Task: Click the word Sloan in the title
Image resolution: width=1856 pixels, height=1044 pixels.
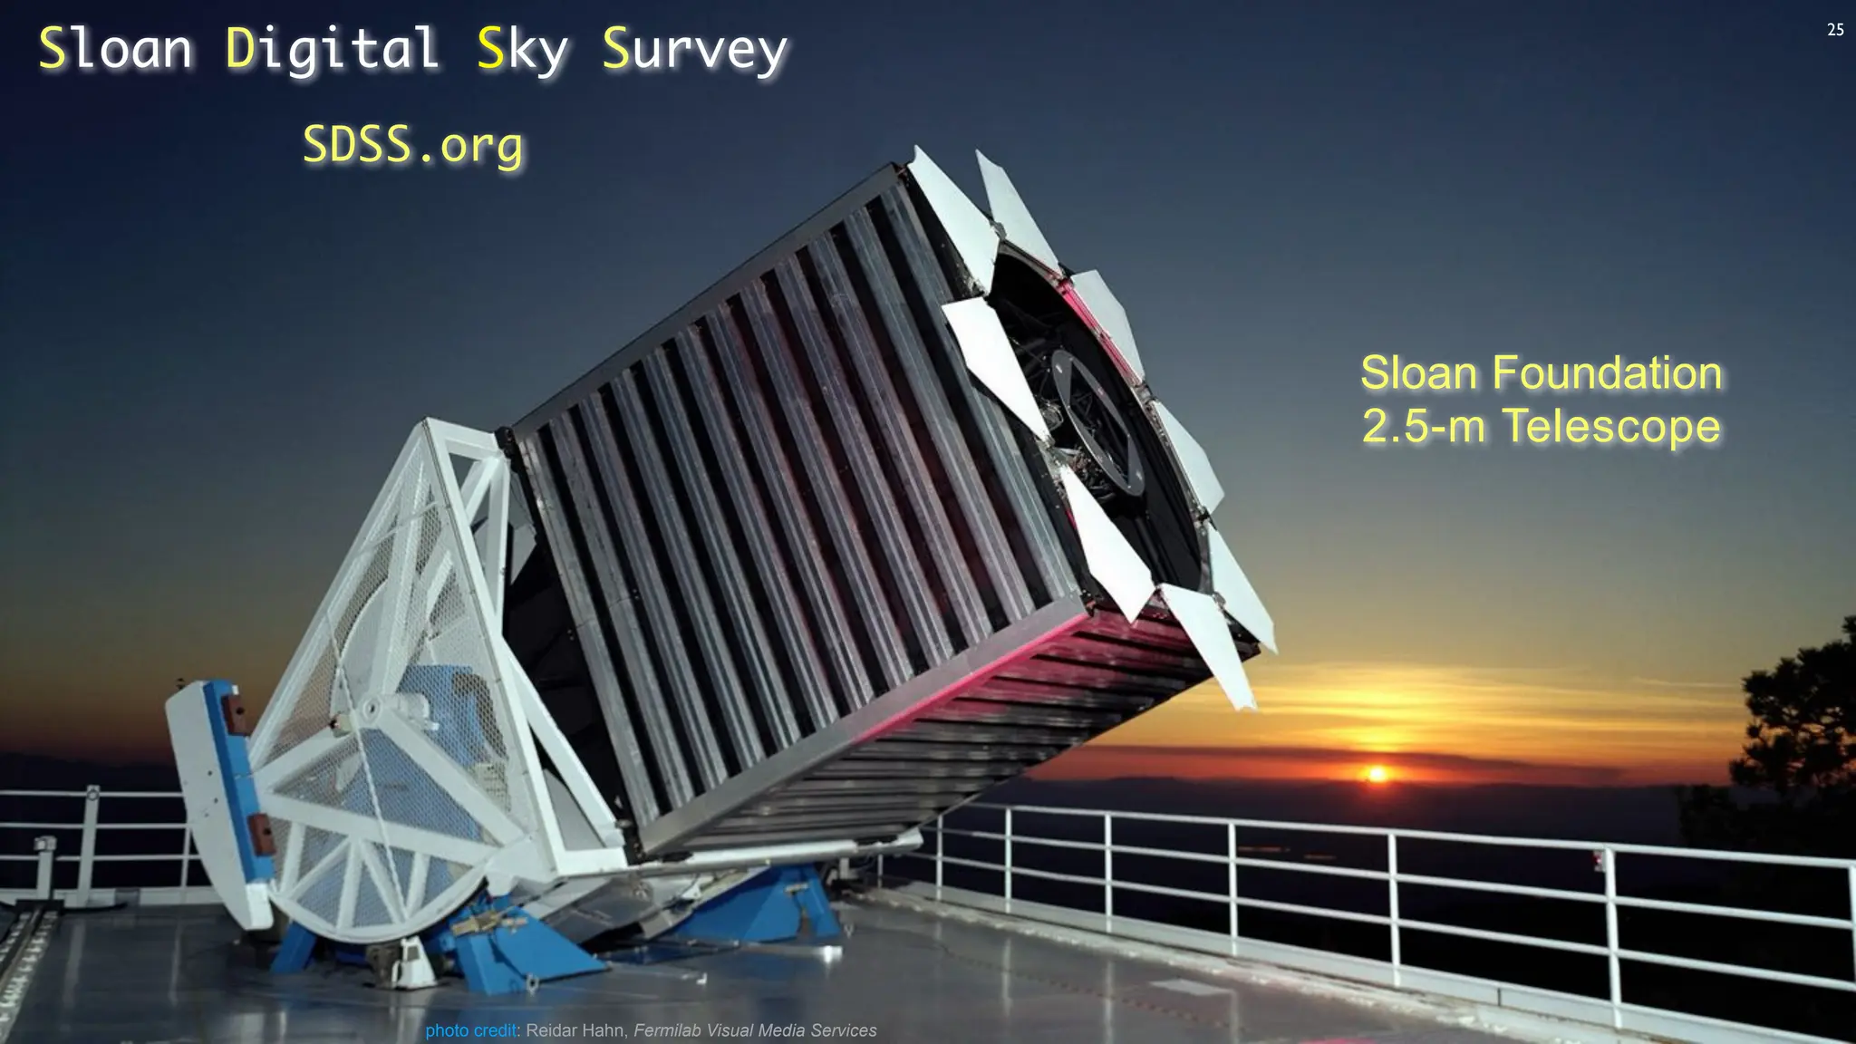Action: pos(115,49)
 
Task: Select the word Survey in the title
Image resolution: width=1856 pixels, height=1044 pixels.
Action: pos(695,49)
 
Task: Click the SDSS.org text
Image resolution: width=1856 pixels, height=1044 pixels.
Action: pos(413,145)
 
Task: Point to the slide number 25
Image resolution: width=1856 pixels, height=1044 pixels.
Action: pos(1835,30)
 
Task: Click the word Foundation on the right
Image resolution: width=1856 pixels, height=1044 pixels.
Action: pos(1607,373)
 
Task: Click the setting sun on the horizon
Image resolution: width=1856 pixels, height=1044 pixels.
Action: pos(1377,774)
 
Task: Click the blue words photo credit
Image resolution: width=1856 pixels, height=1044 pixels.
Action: pos(471,1030)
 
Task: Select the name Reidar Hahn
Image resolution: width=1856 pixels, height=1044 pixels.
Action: pos(575,1030)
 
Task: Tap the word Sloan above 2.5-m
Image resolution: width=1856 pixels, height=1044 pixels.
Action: pos(1419,373)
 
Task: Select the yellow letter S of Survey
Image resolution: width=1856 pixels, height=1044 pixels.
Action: pos(615,49)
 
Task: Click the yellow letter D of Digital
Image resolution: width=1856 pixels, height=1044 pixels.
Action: pos(242,49)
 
